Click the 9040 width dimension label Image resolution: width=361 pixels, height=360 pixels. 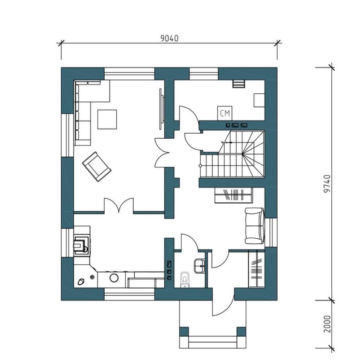[x=169, y=38]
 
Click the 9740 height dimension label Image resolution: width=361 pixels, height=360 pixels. [x=327, y=183]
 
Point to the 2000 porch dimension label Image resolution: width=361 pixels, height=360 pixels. [x=327, y=324]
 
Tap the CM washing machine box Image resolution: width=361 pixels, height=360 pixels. [x=225, y=113]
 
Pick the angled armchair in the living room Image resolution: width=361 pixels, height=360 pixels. [x=97, y=166]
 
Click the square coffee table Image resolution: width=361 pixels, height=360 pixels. [x=107, y=119]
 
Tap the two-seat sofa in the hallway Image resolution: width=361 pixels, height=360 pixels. [x=255, y=226]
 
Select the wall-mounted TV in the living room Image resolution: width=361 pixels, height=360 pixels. [x=162, y=109]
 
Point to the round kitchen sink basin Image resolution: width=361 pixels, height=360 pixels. [x=114, y=278]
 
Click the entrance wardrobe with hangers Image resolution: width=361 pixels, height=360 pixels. [x=257, y=270]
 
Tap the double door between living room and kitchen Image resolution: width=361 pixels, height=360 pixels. [x=119, y=205]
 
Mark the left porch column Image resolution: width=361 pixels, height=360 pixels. [x=184, y=331]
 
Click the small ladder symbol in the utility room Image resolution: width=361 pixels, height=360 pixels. [x=238, y=84]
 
